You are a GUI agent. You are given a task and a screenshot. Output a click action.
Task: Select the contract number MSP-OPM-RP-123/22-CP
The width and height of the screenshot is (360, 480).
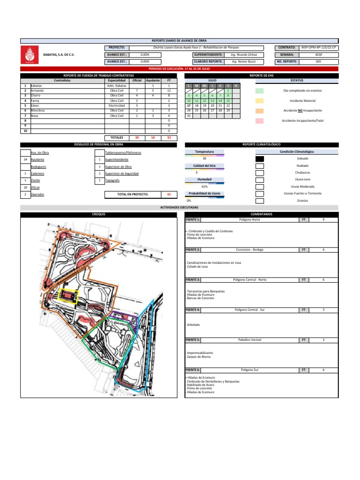coord(321,48)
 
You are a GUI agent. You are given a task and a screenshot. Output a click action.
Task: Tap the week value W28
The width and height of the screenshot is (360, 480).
coord(318,54)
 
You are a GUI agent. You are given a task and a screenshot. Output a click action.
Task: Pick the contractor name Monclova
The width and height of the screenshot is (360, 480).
coord(38,110)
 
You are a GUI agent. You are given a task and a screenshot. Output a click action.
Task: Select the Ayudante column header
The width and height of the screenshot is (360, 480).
coord(153,80)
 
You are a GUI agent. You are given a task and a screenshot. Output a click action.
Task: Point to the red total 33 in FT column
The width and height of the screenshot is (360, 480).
coord(169,138)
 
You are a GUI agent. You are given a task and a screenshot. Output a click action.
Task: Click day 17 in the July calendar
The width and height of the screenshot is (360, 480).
coord(188,105)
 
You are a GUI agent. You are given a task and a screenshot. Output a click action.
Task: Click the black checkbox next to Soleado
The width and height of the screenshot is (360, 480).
coord(259,159)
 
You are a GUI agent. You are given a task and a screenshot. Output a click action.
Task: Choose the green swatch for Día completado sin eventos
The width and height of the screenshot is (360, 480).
coord(259,90)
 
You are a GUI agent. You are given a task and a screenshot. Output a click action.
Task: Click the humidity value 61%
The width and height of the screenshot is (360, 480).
coord(205,187)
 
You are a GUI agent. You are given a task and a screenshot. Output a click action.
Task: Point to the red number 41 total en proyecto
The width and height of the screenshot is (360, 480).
coord(169,194)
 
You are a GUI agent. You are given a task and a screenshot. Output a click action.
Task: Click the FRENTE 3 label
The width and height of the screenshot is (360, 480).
coord(193,279)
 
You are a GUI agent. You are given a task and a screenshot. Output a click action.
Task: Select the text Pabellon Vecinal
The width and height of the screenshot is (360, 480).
coord(249,339)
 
